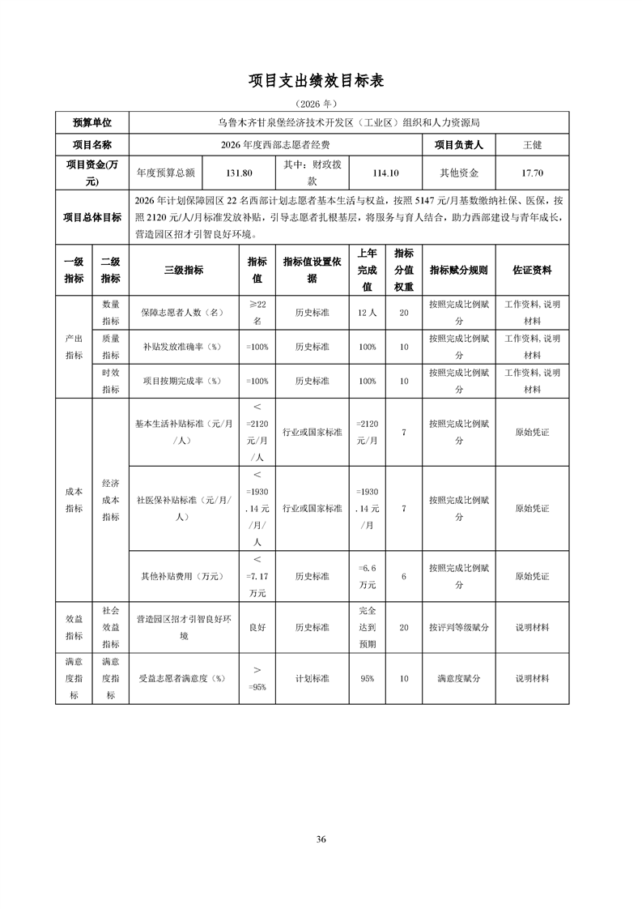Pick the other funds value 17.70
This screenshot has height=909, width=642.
(x=532, y=173)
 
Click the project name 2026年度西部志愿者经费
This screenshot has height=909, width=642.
(x=275, y=145)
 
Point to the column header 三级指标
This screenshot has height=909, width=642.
(x=184, y=270)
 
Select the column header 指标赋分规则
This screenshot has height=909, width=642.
(x=458, y=270)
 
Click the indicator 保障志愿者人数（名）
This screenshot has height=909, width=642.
(x=184, y=312)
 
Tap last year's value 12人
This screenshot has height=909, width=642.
(x=367, y=312)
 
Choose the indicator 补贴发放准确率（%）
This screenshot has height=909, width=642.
(x=184, y=347)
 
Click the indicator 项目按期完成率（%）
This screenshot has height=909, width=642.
(x=184, y=381)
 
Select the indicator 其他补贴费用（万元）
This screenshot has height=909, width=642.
(x=184, y=576)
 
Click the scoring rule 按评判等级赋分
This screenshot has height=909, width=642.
(x=458, y=627)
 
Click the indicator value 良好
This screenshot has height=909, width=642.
(x=257, y=627)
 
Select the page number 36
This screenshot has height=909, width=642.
(x=321, y=839)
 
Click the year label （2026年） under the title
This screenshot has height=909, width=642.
(x=321, y=104)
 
